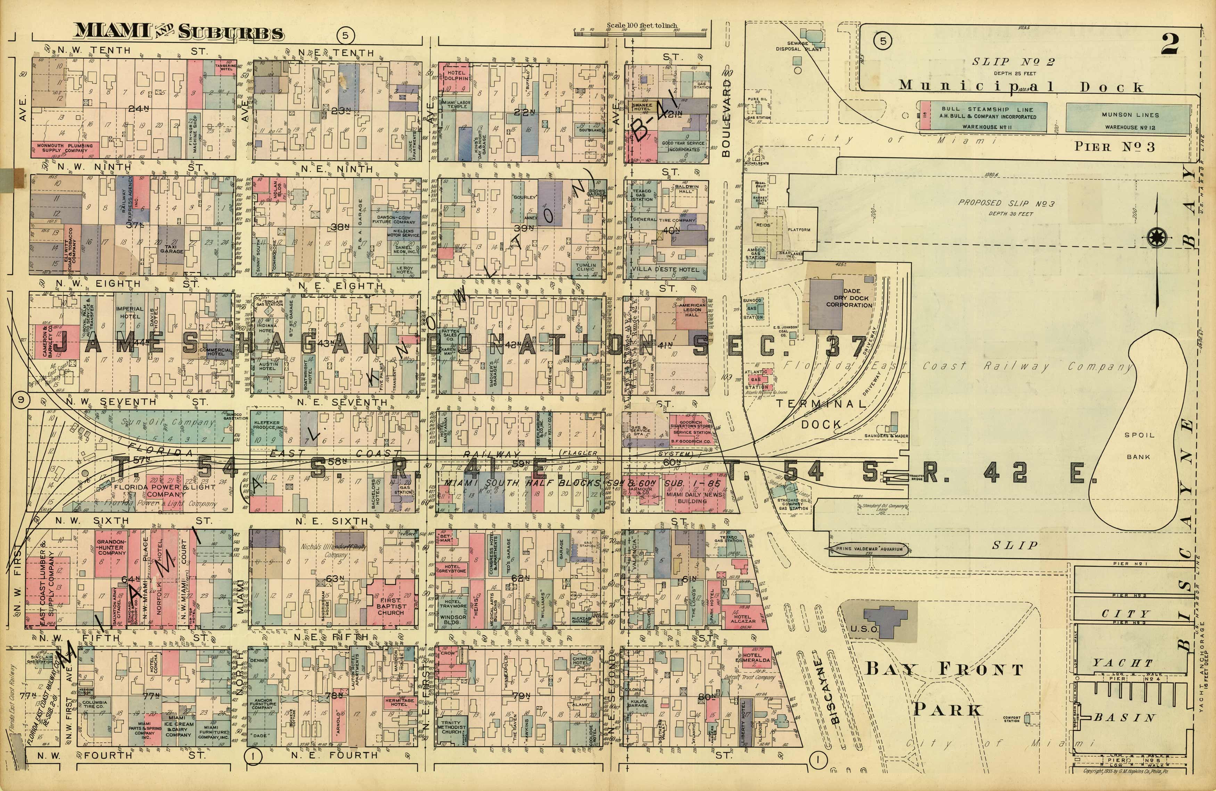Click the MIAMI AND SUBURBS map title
pos(179,32)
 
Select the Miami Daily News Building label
pos(693,498)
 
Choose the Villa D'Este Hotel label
pos(665,269)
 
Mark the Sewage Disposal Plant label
pos(799,47)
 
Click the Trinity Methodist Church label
pos(452,727)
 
